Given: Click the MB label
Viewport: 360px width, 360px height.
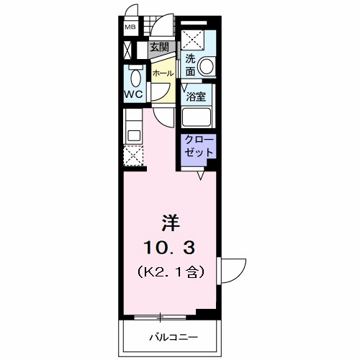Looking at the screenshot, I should coord(130,28).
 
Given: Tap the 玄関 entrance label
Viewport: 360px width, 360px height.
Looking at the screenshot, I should coord(159,49).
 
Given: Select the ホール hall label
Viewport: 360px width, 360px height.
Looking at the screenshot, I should coord(163,73).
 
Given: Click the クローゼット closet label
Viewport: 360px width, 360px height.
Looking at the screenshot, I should coord(199,145).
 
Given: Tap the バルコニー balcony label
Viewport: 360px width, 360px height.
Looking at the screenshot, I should coord(174,337).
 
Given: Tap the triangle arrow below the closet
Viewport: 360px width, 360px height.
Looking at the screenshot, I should coord(204,173).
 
